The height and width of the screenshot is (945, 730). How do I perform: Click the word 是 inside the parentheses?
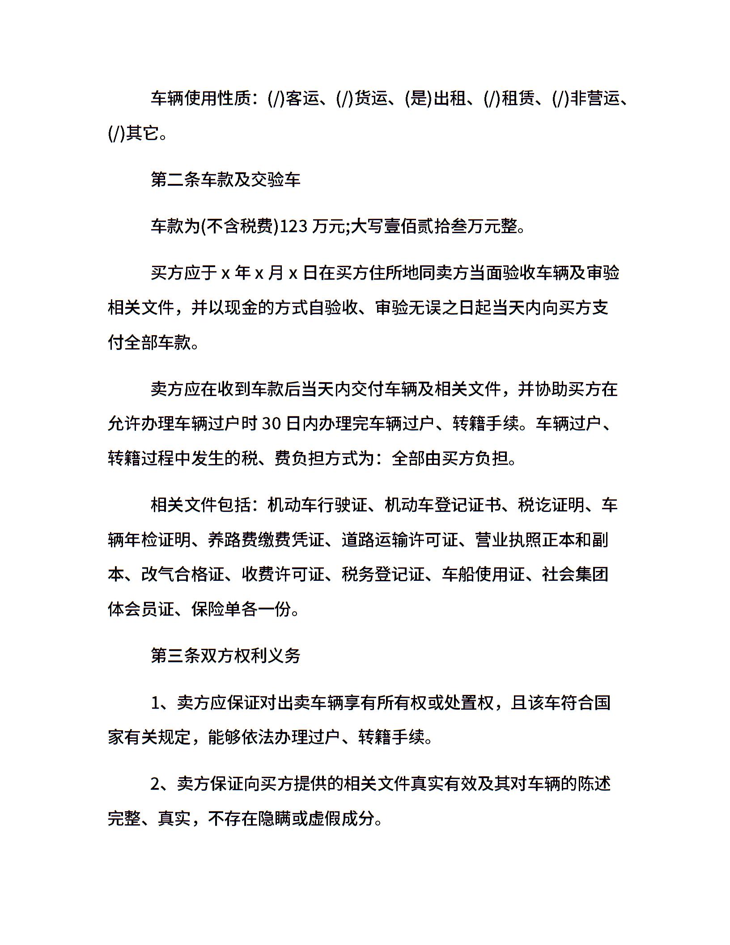pyautogui.click(x=418, y=98)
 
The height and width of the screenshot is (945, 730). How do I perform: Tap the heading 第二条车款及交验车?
pyautogui.click(x=225, y=180)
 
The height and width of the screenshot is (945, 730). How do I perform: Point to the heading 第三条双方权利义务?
pyautogui.click(x=225, y=656)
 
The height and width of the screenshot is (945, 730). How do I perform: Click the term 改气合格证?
pyautogui.click(x=183, y=575)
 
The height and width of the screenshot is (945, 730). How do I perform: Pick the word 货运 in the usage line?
pyautogui.click(x=371, y=98)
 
